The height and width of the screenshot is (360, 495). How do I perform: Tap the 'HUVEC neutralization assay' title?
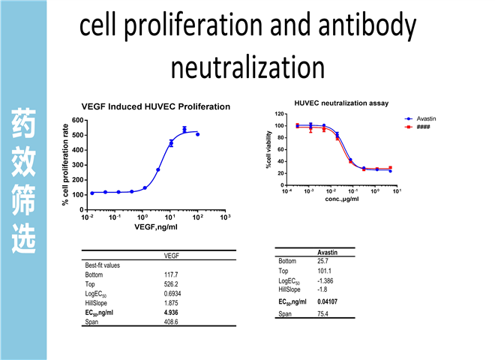(x=341, y=102)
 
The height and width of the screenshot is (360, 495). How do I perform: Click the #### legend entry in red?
(x=423, y=126)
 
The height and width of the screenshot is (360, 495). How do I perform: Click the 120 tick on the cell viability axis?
(x=279, y=113)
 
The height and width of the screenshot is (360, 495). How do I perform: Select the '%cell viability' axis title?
(x=269, y=150)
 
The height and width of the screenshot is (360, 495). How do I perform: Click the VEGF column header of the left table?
(x=171, y=256)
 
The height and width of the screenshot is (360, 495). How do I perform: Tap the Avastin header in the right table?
(x=327, y=253)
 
